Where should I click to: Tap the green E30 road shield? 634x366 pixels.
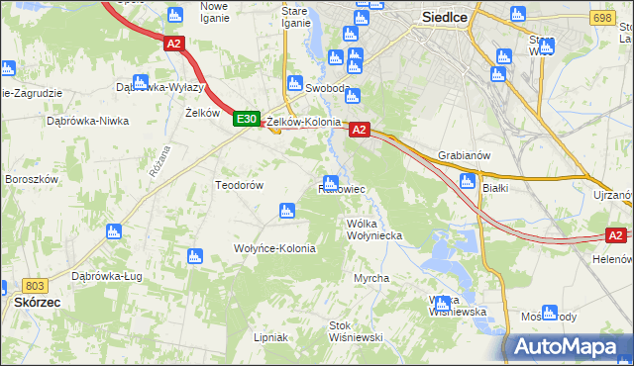247,119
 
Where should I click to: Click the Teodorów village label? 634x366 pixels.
239,185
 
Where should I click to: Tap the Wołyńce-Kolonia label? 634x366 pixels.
274,248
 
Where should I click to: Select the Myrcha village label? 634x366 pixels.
371,279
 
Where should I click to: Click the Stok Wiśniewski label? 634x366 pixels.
356,331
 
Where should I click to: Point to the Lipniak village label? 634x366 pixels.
270,337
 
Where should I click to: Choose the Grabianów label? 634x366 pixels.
464,155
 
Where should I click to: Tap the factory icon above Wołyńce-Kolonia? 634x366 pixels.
287,210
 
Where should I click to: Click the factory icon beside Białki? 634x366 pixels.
468,181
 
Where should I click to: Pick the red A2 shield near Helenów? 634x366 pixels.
616,234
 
